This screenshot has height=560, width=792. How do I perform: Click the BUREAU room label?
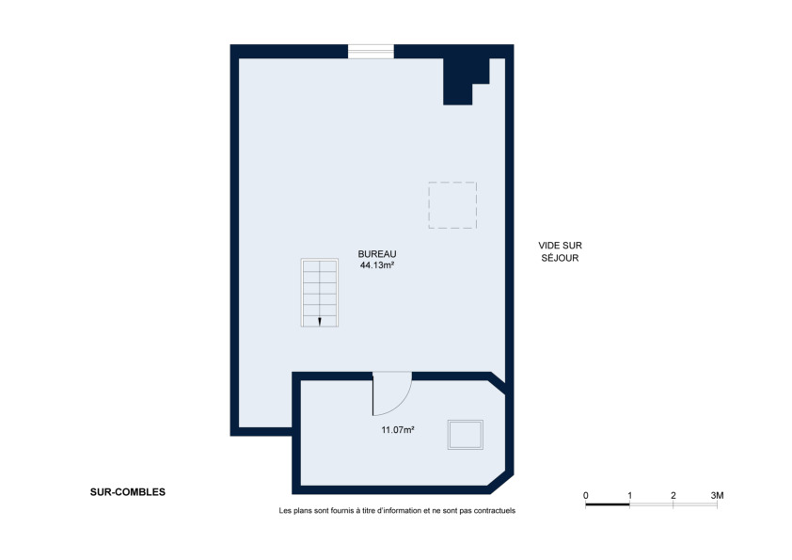pyautogui.click(x=377, y=254)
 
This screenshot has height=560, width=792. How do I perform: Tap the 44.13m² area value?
pyautogui.click(x=377, y=265)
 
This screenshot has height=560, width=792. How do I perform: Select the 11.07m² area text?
pyautogui.click(x=398, y=430)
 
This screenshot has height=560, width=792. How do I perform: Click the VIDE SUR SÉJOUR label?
pyautogui.click(x=560, y=251)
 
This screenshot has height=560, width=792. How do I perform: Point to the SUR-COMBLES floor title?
pyautogui.click(x=128, y=492)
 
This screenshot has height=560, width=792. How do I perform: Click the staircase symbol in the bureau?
pyautogui.click(x=319, y=293)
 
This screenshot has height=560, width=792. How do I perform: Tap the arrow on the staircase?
pyautogui.click(x=320, y=322)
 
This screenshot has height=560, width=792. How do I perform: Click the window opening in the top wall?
pyautogui.click(x=371, y=51)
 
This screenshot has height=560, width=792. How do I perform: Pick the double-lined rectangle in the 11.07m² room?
pyautogui.click(x=466, y=435)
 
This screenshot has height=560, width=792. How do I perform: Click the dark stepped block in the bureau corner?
pyautogui.click(x=462, y=81)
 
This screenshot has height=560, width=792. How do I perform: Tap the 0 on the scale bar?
pyautogui.click(x=585, y=495)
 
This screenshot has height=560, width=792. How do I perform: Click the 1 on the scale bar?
pyautogui.click(x=629, y=495)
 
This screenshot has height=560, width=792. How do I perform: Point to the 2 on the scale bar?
pyautogui.click(x=673, y=495)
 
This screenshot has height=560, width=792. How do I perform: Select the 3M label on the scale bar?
pyautogui.click(x=718, y=495)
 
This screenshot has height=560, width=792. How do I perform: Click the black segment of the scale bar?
pyautogui.click(x=608, y=504)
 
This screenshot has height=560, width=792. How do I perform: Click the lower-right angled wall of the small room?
pyautogui.click(x=501, y=483)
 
